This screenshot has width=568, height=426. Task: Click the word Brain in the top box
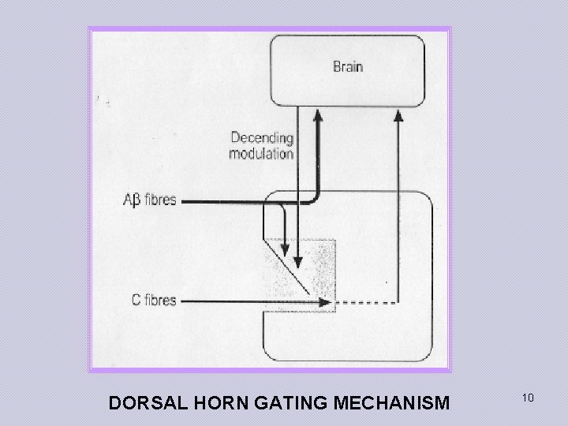(x=347, y=67)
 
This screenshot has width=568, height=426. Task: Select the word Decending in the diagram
(x=262, y=138)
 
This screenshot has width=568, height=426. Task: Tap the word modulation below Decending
(x=261, y=153)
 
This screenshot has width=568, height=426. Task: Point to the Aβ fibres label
(x=148, y=200)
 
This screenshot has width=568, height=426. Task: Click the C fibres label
(x=153, y=301)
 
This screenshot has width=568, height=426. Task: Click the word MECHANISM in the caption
(x=392, y=403)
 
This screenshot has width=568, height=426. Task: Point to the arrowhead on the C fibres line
(x=323, y=301)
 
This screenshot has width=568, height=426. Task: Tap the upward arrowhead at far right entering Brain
(x=398, y=115)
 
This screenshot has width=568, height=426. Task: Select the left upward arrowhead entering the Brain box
(x=319, y=115)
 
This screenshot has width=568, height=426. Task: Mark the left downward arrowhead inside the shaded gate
(x=285, y=250)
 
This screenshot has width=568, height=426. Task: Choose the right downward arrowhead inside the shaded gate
(x=297, y=261)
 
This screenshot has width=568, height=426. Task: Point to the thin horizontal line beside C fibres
(x=237, y=301)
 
